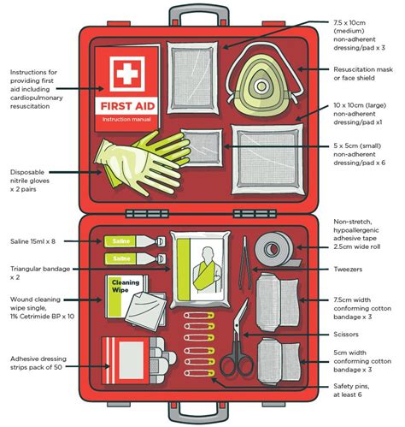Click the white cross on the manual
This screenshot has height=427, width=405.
click(126, 75)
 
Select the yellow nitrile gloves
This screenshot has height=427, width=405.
click(129, 162)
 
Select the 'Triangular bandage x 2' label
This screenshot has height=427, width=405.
click(40, 273)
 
